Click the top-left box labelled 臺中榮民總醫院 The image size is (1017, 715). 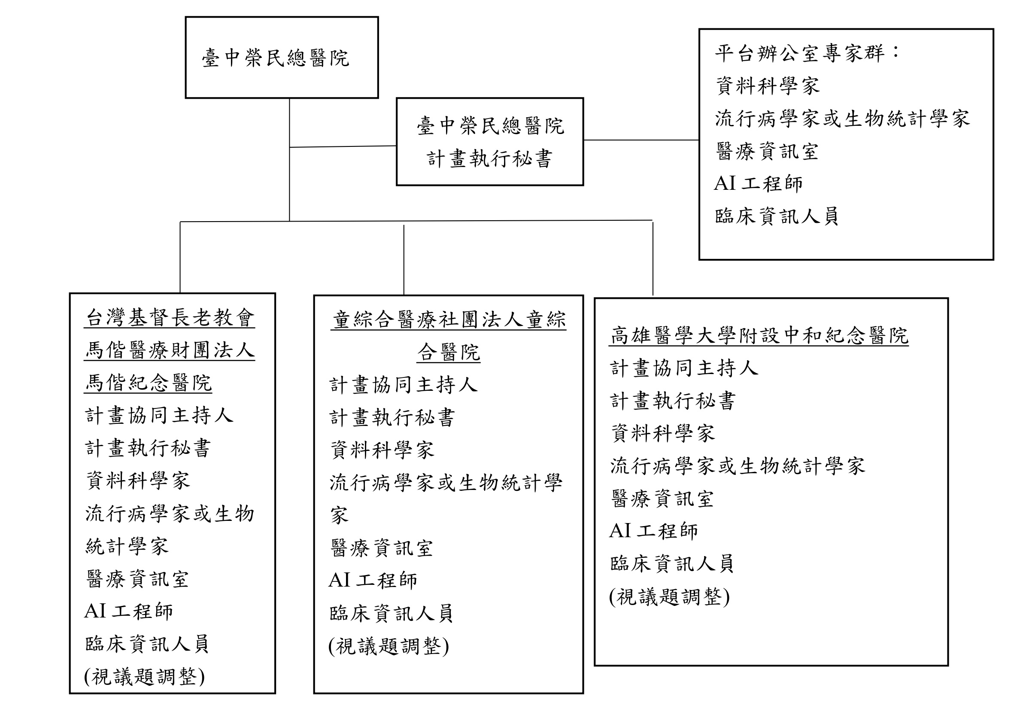coord(281,58)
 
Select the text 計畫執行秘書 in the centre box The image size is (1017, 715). coord(489,159)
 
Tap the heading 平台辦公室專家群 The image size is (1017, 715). coord(799,53)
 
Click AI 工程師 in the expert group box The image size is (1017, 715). coord(758,183)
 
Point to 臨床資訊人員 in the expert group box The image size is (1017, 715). coord(777,216)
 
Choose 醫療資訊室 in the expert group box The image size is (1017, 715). coord(767,152)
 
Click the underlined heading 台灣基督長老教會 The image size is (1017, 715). coord(170,318)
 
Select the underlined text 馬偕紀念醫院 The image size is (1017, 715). coord(149,383)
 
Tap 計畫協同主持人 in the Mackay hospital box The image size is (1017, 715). coord(159,416)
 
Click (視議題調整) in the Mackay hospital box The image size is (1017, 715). coord(144,676)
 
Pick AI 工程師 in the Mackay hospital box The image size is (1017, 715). coord(128,612)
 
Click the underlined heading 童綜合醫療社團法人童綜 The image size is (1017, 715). coord(449,320)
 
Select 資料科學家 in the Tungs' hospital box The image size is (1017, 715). coord(382,450)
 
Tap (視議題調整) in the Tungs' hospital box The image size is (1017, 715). coord(389,646)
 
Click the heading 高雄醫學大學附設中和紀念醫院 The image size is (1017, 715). coord(759,335)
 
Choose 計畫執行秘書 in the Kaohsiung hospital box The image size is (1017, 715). coord(673,401)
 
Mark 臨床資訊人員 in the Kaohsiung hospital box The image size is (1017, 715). coord(672,564)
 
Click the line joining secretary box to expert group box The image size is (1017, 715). coord(641,140)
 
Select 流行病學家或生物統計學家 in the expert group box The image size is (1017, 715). coord(842,119)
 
